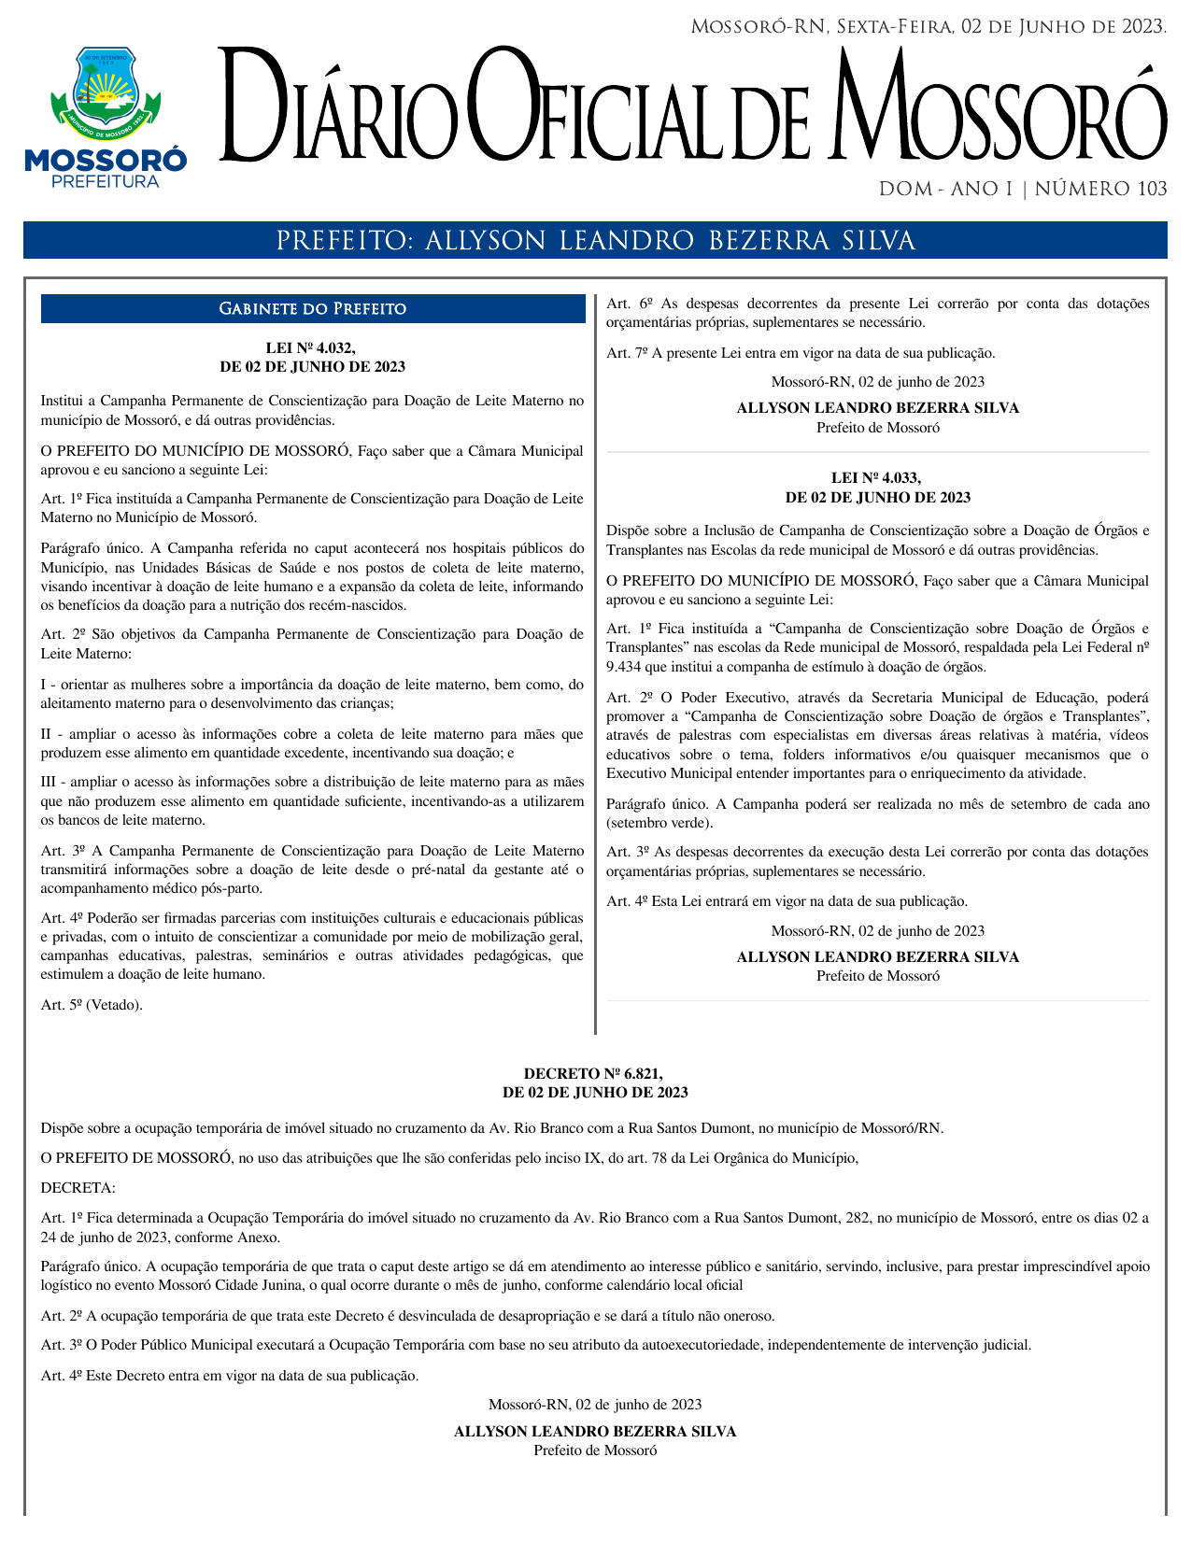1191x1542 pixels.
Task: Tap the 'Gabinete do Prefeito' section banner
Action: [312, 309]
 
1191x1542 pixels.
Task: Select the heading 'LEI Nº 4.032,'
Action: [311, 347]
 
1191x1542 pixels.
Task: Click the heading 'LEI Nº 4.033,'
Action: [876, 478]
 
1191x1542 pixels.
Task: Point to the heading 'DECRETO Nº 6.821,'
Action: [594, 1074]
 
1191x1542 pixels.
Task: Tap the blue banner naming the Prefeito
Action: [595, 241]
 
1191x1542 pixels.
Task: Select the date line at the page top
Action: [928, 27]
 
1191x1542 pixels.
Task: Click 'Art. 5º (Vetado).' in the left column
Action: [92, 1005]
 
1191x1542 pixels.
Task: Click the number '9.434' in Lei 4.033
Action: [624, 667]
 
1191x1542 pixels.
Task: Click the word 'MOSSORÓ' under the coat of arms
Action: [106, 160]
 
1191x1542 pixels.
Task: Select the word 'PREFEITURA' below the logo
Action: [106, 182]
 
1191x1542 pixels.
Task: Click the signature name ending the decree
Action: [595, 1431]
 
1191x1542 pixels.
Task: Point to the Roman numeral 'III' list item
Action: [50, 782]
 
